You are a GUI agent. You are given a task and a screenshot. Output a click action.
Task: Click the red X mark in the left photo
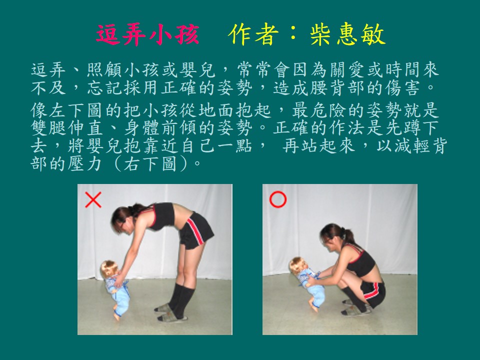tap(93, 200)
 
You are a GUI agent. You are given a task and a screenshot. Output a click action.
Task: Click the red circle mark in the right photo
tap(277, 199)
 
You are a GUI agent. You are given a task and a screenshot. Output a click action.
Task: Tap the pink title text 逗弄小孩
tap(147, 34)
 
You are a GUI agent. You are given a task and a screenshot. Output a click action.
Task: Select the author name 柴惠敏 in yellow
tap(347, 34)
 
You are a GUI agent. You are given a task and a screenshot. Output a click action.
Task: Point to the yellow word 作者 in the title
tap(253, 34)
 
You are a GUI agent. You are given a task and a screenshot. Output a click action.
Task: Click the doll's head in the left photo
tap(108, 269)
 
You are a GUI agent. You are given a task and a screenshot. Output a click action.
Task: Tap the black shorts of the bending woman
tap(196, 230)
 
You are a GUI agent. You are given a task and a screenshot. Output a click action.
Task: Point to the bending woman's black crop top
tap(161, 216)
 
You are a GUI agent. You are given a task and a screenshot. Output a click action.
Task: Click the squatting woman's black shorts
tap(373, 293)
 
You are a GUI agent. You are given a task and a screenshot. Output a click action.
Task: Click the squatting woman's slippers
tap(355, 308)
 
